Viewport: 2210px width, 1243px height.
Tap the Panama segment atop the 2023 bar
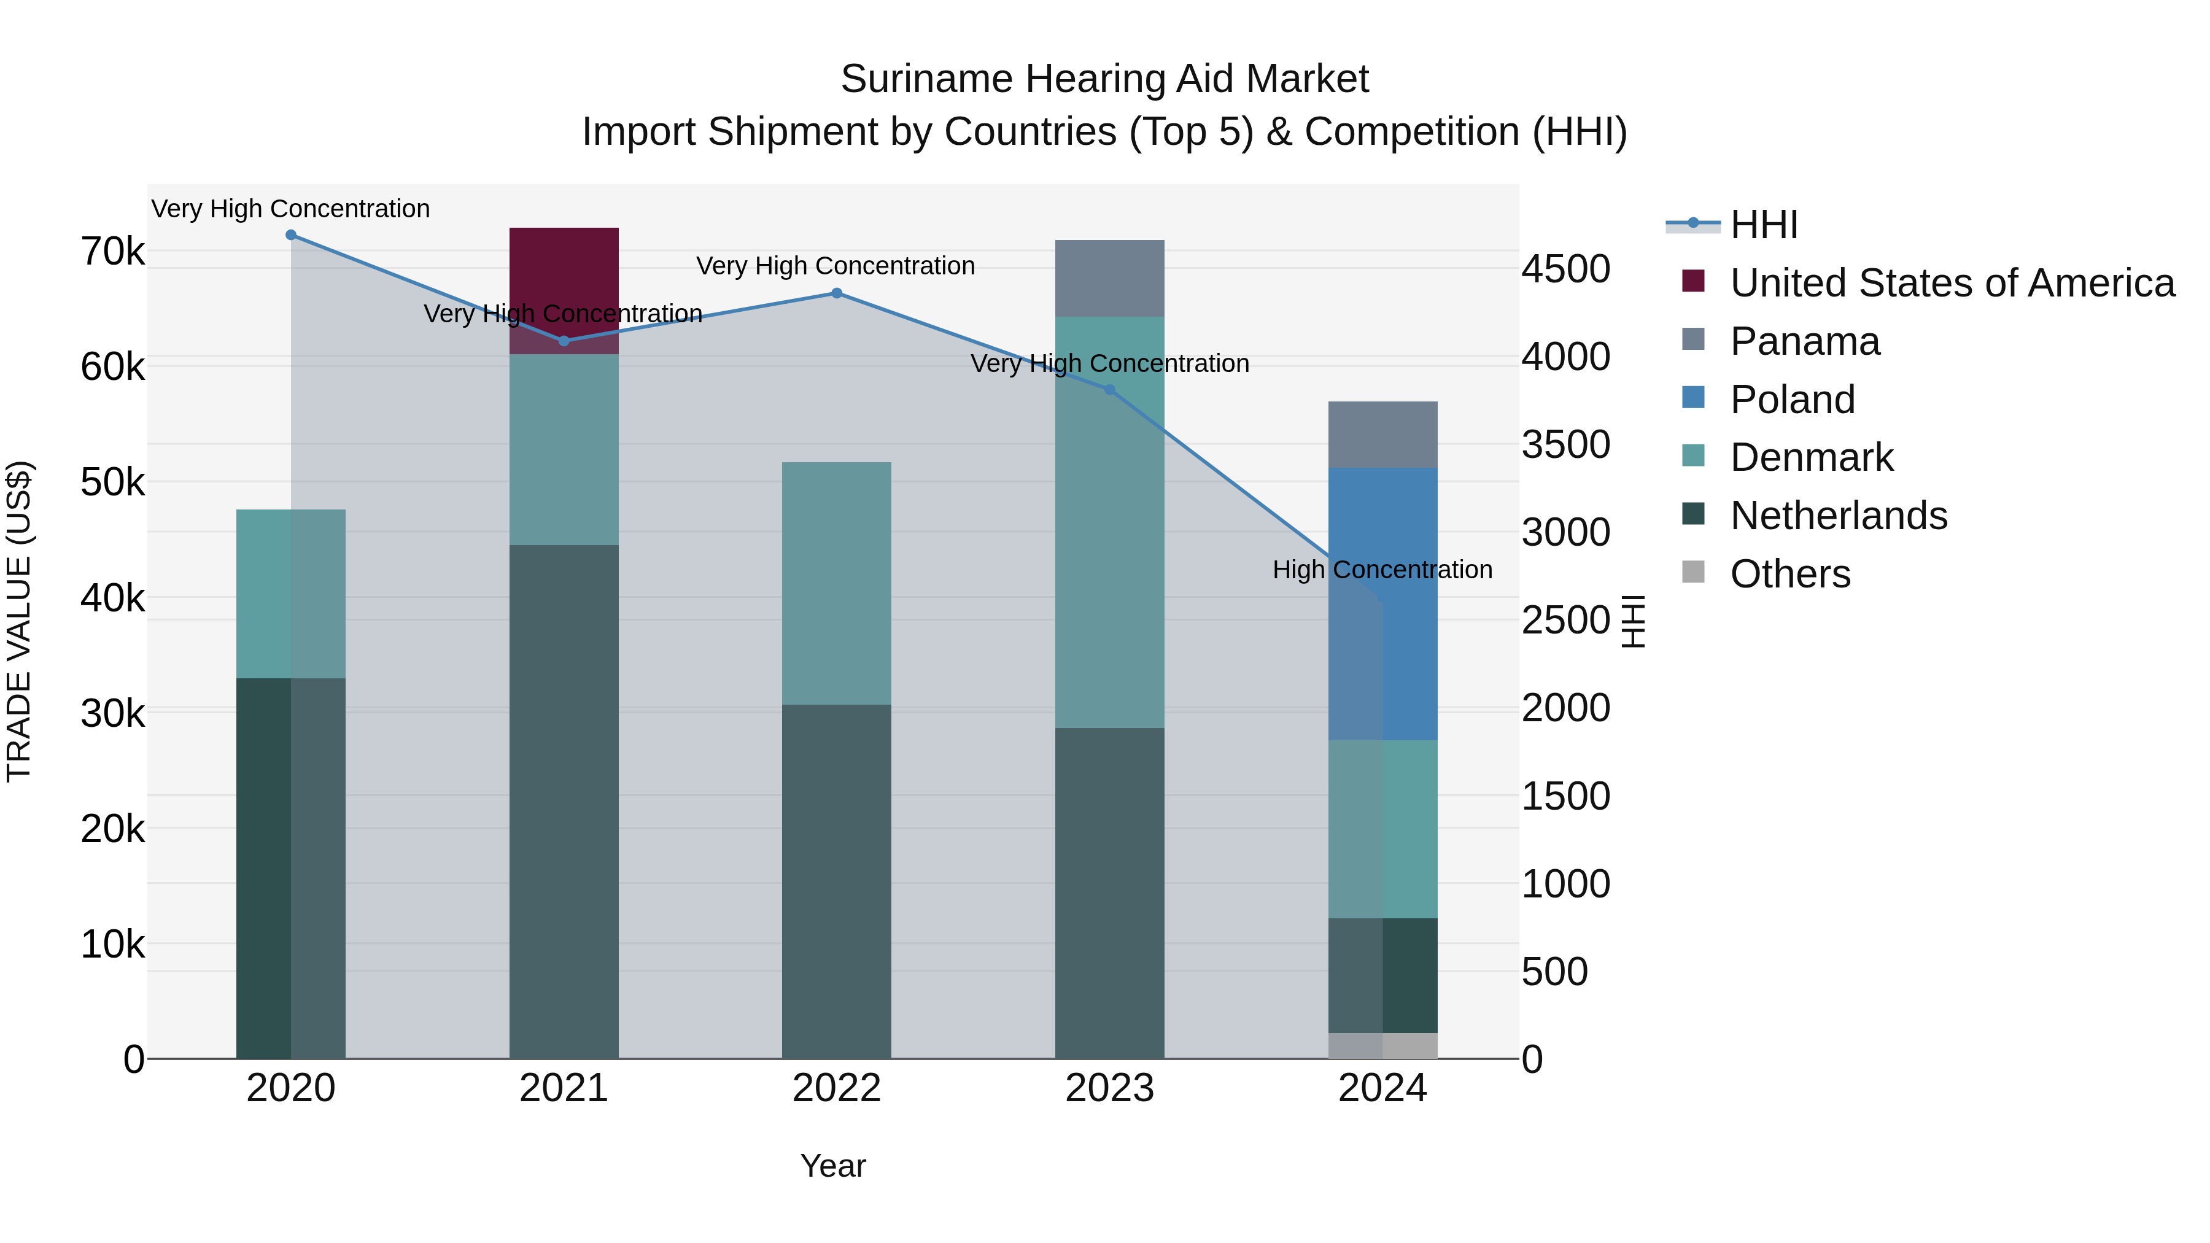point(1109,278)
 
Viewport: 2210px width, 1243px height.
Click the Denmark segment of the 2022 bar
point(837,583)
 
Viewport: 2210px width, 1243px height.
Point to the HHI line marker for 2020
point(291,234)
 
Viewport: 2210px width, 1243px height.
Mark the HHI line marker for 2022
point(837,293)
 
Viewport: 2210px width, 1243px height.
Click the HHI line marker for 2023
point(1109,389)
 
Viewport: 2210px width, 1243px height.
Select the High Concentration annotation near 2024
point(1381,570)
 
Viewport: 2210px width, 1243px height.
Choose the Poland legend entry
point(1791,400)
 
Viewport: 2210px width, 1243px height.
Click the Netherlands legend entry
point(1837,516)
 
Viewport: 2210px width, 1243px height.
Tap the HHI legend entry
point(1763,225)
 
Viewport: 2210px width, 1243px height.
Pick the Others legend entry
point(1789,574)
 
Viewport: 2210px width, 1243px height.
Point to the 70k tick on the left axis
point(112,252)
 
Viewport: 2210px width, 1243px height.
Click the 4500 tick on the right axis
point(1565,269)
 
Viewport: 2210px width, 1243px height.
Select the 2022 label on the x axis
point(837,1088)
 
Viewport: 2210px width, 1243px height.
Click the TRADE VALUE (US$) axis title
point(19,621)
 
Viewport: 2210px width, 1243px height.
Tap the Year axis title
point(832,1166)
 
